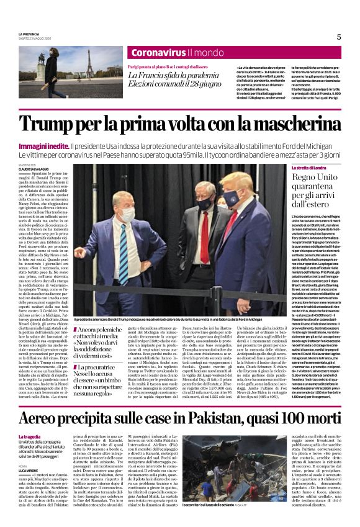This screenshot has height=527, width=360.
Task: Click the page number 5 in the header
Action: (339, 37)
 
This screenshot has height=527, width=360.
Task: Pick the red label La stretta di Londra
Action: (309, 168)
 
